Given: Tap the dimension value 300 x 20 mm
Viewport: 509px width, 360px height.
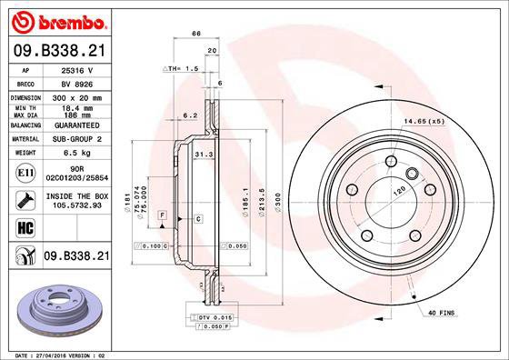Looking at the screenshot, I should tap(78, 95).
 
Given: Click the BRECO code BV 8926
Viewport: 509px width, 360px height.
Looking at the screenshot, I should tap(78, 82).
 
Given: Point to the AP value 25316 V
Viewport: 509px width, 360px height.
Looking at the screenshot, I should tap(78, 69).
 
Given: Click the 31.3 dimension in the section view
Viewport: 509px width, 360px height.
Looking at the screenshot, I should tap(203, 155).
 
